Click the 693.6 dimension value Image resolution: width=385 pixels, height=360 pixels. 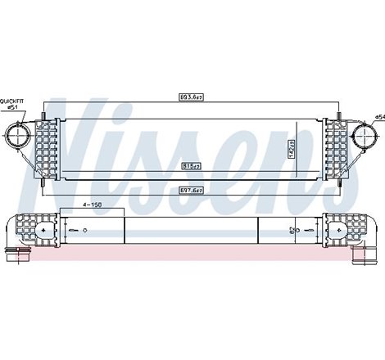coord(192,97)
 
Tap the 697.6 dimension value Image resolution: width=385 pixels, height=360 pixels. coord(192,190)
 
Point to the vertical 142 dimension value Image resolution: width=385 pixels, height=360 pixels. coord(290,147)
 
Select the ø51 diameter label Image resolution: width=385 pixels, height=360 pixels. coord(12,107)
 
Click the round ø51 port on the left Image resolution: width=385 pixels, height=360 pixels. coord(19,134)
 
